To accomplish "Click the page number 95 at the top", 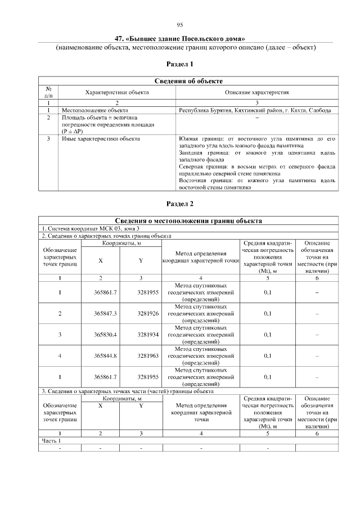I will click(180, 25).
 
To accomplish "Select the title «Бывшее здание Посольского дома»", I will click(180, 39).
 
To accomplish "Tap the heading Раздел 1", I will click(180, 65).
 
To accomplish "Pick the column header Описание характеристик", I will click(257, 92).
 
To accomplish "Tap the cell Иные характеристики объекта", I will click(100, 138).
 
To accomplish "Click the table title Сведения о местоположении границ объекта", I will click(188, 221).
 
